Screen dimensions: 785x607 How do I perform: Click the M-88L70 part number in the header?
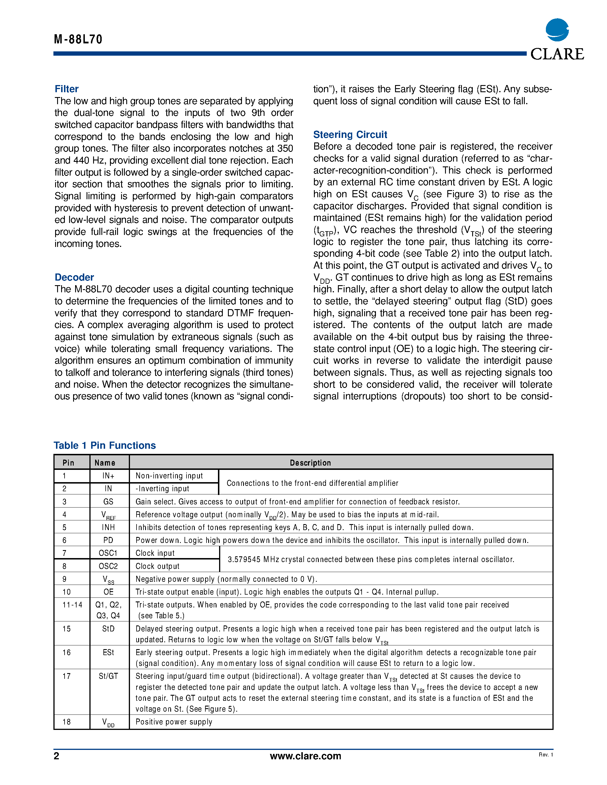pyautogui.click(x=78, y=39)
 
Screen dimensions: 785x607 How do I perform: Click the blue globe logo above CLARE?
pyautogui.click(x=557, y=30)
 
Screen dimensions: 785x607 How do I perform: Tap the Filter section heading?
pyautogui.click(x=67, y=89)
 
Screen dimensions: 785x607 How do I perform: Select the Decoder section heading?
pyautogui.click(x=74, y=277)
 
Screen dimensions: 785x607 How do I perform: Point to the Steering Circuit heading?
pyautogui.click(x=350, y=134)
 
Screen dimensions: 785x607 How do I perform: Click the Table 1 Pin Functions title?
pyautogui.click(x=105, y=445)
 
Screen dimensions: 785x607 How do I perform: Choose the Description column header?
pyautogui.click(x=310, y=463)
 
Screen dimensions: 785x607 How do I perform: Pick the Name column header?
pyautogui.click(x=105, y=463)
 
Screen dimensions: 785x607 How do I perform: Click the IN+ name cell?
pyautogui.click(x=108, y=476)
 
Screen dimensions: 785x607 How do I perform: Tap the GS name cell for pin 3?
pyautogui.click(x=108, y=502)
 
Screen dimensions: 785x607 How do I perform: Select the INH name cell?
pyautogui.click(x=108, y=527)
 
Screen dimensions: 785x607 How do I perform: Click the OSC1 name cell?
pyautogui.click(x=108, y=553)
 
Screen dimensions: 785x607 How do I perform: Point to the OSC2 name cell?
pyautogui.click(x=108, y=566)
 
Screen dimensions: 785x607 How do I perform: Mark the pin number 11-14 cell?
pyautogui.click(x=72, y=605)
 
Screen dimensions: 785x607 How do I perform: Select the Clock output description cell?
pyautogui.click(x=157, y=566)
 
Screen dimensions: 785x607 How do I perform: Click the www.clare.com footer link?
pyautogui.click(x=305, y=756)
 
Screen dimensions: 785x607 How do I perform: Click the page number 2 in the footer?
pyautogui.click(x=57, y=756)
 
